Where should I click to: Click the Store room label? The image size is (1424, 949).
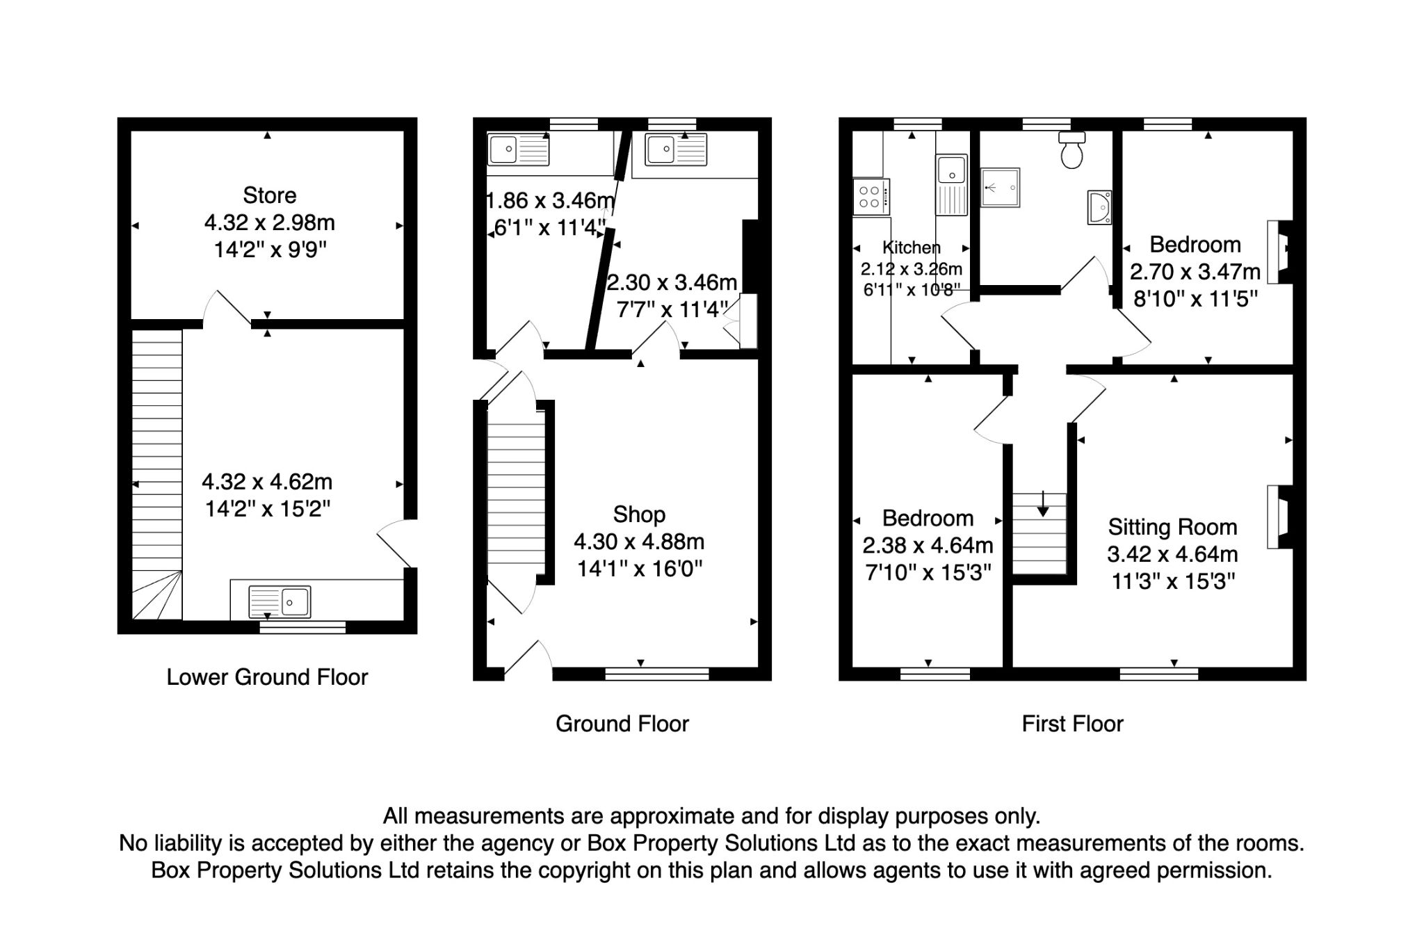269,195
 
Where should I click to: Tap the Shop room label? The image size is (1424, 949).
639,514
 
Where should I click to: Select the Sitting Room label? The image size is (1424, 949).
1172,527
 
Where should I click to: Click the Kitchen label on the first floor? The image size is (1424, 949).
911,248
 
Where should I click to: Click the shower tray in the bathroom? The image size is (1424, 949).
1001,187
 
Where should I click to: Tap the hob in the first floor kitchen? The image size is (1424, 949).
871,196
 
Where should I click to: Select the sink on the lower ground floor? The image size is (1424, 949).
280,601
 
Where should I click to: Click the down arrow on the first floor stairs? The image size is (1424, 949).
1042,503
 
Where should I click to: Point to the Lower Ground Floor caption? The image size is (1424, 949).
267,677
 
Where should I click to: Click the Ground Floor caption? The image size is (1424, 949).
622,724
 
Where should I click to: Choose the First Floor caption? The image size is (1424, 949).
1072,724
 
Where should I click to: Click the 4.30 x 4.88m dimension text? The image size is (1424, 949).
639,542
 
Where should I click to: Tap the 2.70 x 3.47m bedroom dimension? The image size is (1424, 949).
1195,271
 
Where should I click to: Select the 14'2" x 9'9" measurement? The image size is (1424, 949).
270,250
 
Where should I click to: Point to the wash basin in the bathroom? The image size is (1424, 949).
1099,207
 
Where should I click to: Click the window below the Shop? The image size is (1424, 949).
657,673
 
